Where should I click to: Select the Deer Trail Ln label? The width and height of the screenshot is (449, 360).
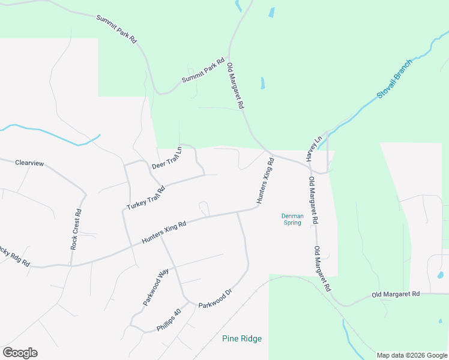(166, 158)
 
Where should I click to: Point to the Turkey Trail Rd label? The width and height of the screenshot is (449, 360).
(146, 197)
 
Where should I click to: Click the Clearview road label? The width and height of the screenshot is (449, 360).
(29, 163)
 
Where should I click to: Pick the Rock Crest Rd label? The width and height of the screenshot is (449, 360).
(75, 229)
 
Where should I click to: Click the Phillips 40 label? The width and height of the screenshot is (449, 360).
(169, 320)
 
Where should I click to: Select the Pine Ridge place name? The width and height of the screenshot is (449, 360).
(242, 339)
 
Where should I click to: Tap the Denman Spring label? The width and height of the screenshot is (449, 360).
(292, 219)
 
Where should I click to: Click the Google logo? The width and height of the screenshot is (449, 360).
(20, 352)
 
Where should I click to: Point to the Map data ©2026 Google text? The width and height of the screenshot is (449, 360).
(412, 355)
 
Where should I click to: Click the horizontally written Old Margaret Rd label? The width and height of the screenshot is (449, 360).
(395, 295)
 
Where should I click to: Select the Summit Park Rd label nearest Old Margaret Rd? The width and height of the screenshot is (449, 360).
(203, 71)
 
